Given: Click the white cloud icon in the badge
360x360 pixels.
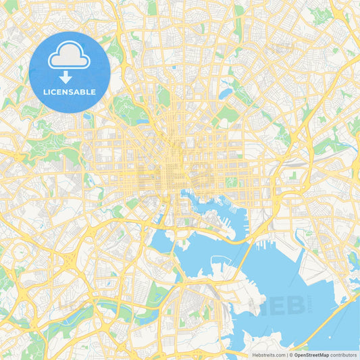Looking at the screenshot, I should (69, 56).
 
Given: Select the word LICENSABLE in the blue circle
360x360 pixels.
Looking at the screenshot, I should (69, 92).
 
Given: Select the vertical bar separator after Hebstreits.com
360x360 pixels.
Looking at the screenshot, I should (287, 354).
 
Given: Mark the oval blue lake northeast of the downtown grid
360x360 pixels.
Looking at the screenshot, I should (225, 93).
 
